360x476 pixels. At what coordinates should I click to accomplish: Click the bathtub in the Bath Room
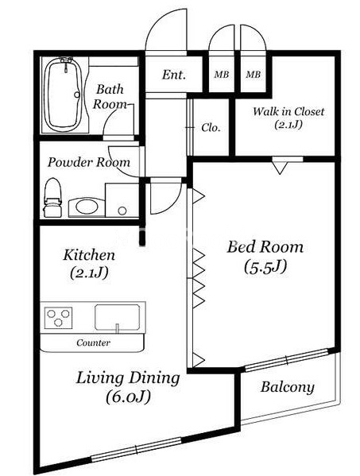coord(63,95)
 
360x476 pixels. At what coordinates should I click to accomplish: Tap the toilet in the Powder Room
coord(52,198)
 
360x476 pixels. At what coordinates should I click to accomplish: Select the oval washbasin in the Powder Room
coord(87,207)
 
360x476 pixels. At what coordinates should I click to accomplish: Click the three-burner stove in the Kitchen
coord(59,318)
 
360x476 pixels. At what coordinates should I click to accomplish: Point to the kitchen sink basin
coord(118,317)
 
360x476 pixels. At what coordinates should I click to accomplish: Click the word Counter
coord(93,343)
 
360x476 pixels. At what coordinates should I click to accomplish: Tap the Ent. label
coord(173,75)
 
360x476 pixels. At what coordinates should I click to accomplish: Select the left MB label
coord(221,75)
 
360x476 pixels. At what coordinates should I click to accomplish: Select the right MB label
coord(254,75)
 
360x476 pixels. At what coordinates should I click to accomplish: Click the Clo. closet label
coord(211,128)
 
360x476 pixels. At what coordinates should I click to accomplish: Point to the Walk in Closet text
coord(288,112)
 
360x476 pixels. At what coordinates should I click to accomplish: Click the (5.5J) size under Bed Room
coord(265,268)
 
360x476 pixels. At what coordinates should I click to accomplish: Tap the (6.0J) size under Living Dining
coord(129,397)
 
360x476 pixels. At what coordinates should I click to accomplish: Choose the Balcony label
coord(287,388)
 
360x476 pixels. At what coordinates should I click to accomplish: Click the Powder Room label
coord(89,162)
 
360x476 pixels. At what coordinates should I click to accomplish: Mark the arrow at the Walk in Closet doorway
coord(280,168)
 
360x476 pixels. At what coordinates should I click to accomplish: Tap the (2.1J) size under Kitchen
coord(89,273)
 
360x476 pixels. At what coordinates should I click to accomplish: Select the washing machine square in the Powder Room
coord(122,200)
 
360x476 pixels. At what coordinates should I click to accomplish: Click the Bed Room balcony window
coord(287,360)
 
